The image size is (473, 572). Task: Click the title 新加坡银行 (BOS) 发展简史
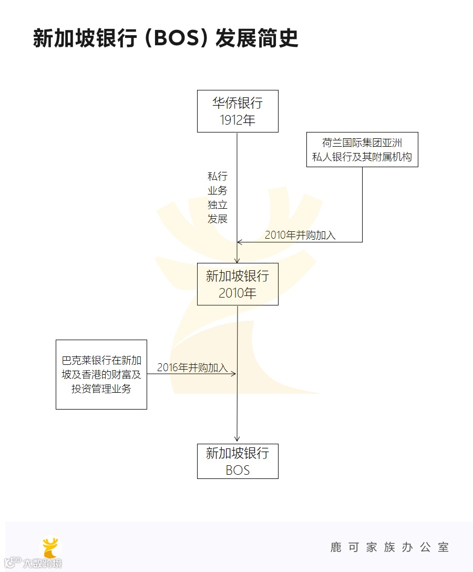click(x=166, y=38)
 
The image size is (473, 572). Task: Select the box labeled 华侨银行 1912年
click(x=238, y=111)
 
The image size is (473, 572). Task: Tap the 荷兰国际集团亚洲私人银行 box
click(x=362, y=149)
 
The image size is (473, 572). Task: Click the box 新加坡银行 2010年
click(x=238, y=284)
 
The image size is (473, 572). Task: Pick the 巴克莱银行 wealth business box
click(x=101, y=374)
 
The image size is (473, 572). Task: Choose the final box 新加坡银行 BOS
click(x=238, y=461)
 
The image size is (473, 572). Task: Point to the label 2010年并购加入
click(x=300, y=236)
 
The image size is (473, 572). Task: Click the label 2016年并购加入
click(x=192, y=367)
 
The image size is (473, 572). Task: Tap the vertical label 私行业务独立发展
click(x=217, y=197)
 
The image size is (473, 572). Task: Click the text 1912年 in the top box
click(x=238, y=120)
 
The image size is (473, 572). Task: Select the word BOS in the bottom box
click(x=238, y=470)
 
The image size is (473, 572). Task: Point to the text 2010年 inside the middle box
click(x=238, y=293)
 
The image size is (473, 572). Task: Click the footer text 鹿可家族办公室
click(x=389, y=547)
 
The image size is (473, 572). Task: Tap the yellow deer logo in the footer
click(x=51, y=547)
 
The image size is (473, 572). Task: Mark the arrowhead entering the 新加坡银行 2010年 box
click(x=237, y=260)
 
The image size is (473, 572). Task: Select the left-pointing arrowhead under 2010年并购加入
click(x=240, y=242)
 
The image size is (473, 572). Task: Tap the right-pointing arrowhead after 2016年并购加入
click(x=234, y=374)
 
